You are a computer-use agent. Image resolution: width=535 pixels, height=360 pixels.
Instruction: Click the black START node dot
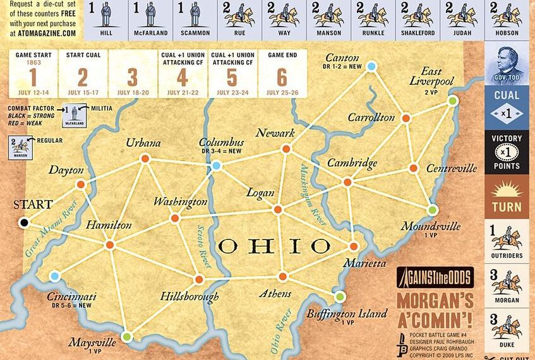24,222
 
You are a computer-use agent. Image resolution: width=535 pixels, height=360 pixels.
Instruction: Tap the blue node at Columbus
216,165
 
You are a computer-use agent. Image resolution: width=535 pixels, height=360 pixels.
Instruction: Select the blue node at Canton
371,66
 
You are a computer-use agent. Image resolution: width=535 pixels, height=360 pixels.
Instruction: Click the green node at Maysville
127,337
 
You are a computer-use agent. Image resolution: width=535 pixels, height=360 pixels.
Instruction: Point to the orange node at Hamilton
109,244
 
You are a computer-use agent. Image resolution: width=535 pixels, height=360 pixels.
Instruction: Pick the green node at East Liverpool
452,100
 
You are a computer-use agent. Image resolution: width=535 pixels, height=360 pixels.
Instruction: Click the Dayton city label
66,171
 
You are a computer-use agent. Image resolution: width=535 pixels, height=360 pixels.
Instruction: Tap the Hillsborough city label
189,296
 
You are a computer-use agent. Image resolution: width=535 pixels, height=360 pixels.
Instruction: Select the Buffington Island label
347,314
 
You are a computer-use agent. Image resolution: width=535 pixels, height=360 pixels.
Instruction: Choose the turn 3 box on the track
132,73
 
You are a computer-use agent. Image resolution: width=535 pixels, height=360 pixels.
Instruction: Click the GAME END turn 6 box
282,73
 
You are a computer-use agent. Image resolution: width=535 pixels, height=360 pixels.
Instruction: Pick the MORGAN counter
507,286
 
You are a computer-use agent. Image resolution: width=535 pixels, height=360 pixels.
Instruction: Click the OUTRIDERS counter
507,241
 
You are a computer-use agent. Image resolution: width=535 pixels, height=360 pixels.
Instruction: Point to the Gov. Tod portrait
507,63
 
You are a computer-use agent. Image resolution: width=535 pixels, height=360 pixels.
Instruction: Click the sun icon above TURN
507,188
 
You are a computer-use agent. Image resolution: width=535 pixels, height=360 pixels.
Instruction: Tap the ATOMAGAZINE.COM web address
43,33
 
